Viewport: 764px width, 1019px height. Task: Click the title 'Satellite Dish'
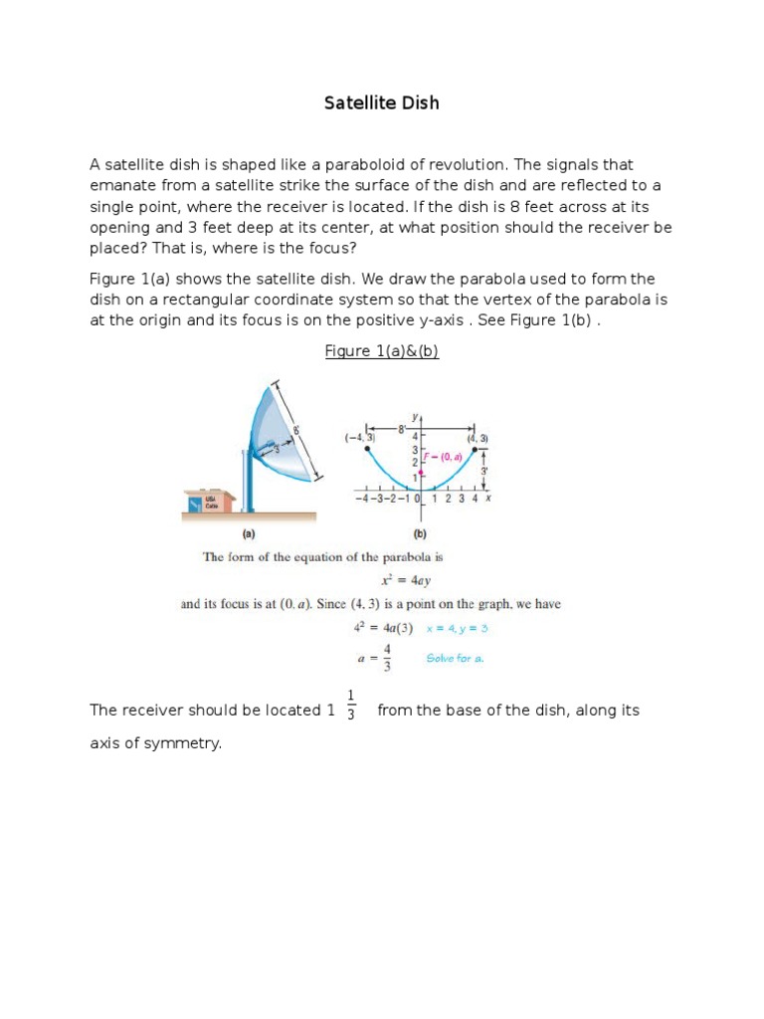[x=382, y=102]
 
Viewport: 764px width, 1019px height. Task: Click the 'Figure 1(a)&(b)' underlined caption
[x=382, y=351]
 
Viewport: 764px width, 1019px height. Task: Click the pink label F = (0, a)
[x=444, y=457]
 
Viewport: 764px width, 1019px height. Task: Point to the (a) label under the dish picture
[x=249, y=532]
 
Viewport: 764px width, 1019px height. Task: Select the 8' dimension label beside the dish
[x=295, y=432]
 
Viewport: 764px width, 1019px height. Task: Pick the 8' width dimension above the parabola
[x=403, y=430]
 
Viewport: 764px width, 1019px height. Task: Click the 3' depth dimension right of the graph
[x=484, y=471]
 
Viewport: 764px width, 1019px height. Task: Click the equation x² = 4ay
[x=382, y=580]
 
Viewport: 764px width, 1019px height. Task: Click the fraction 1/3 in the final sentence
[x=351, y=705]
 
